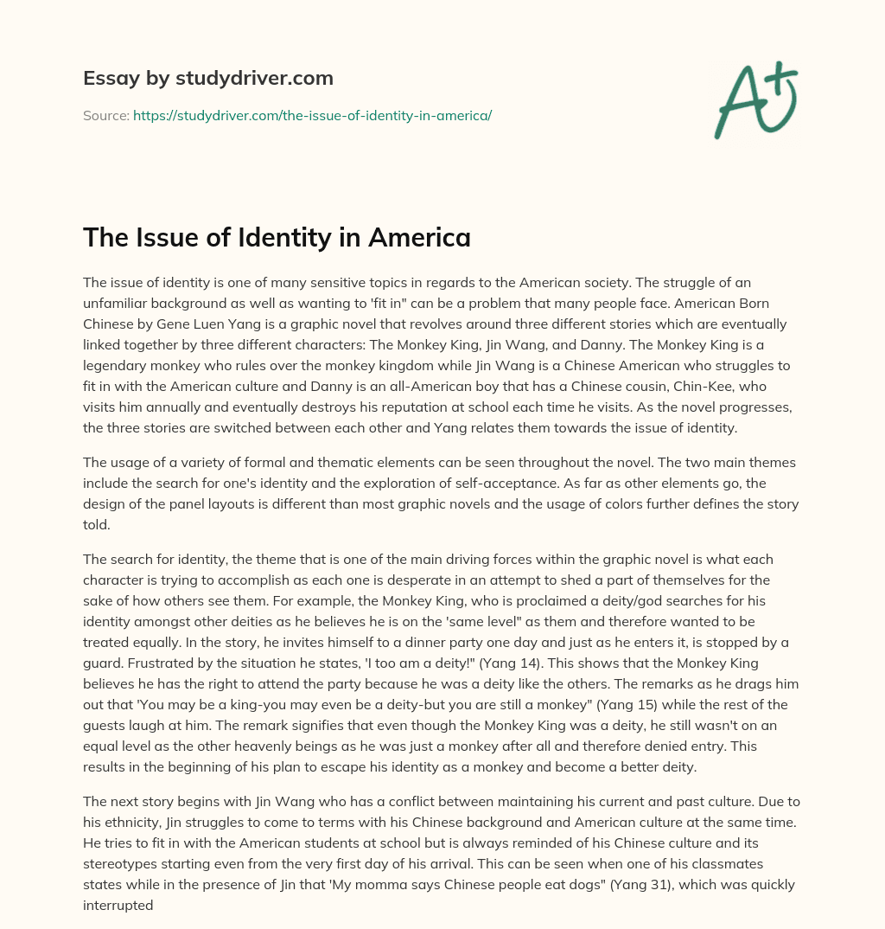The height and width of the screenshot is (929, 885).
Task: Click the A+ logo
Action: pyautogui.click(x=755, y=99)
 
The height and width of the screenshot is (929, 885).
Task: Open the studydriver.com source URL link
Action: pyautogui.click(x=312, y=115)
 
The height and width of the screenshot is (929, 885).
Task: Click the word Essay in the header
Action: pyautogui.click(x=104, y=78)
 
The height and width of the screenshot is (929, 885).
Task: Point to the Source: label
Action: pyautogui.click(x=105, y=115)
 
